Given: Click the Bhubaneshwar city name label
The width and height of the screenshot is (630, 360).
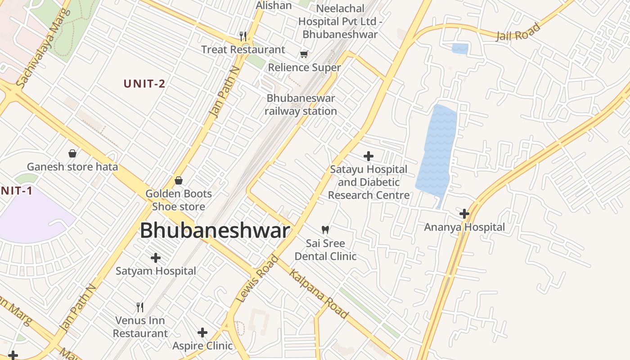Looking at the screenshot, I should tap(215, 231).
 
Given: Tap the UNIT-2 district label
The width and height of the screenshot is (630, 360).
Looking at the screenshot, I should tap(144, 83).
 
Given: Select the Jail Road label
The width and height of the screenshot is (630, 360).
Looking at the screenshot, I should tap(518, 32).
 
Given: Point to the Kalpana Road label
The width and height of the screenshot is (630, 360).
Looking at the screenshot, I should tap(319, 293).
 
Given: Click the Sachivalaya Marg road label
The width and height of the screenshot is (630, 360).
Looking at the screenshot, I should tap(43, 48).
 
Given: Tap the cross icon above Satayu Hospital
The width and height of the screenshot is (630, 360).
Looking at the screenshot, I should tap(369, 156).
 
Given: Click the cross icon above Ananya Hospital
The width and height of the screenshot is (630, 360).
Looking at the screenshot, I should tap(464, 213).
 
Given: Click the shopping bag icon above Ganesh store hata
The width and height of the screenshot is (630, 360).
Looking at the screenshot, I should tap(72, 153).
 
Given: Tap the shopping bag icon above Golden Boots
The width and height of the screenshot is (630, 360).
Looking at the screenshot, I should tap(179, 180).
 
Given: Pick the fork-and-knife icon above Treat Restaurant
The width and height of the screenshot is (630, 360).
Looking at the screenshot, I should tap(243, 36).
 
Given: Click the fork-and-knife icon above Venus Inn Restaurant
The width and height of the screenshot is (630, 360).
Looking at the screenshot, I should tap(140, 307).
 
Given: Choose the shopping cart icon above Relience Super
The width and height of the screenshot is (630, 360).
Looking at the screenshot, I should tap(304, 54).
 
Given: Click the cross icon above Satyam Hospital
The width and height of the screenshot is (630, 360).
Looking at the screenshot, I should tap(156, 258).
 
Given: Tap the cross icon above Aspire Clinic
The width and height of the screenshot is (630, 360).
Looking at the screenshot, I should tap(202, 333).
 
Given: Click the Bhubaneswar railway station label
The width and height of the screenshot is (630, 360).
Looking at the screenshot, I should tap(301, 104).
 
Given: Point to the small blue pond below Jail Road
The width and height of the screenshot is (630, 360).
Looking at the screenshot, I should tap(459, 49).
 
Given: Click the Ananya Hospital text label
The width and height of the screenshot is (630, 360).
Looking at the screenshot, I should tap(464, 227).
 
